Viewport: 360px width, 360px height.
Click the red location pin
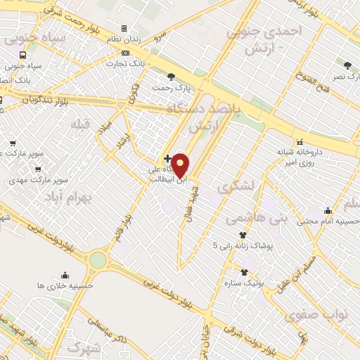click(x=181, y=165)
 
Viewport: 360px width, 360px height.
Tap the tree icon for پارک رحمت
click(x=171, y=77)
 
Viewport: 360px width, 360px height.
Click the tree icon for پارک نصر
click(x=347, y=65)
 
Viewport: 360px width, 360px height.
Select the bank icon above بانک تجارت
click(x=125, y=53)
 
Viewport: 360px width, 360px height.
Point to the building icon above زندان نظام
click(x=124, y=29)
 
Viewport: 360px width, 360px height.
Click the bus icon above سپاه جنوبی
click(x=23, y=55)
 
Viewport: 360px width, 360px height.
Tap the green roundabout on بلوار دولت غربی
click(x=98, y=260)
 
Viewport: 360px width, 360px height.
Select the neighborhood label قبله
click(x=81, y=124)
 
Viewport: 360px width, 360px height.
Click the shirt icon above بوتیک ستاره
click(x=244, y=273)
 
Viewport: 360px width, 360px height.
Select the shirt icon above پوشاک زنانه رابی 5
click(x=243, y=235)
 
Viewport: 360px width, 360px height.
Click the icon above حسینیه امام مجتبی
click(x=328, y=210)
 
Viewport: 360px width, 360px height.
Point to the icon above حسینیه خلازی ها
click(x=65, y=275)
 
